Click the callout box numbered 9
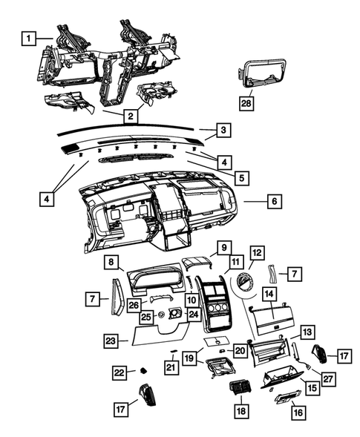[220, 246]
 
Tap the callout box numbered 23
[111, 341]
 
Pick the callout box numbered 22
[120, 372]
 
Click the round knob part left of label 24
[160, 316]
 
